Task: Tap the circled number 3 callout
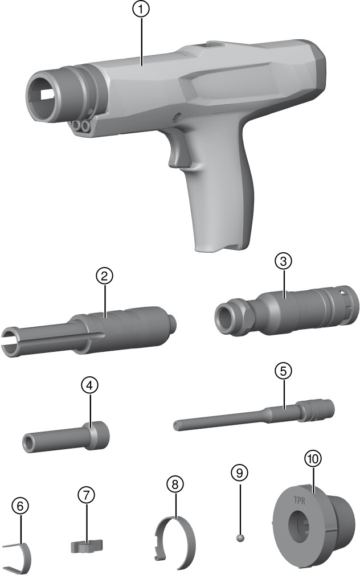pos(283,261)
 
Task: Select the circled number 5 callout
pos(283,371)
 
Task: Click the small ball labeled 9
pos(240,537)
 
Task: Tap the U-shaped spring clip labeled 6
pos(17,556)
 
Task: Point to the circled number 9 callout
pos(240,473)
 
